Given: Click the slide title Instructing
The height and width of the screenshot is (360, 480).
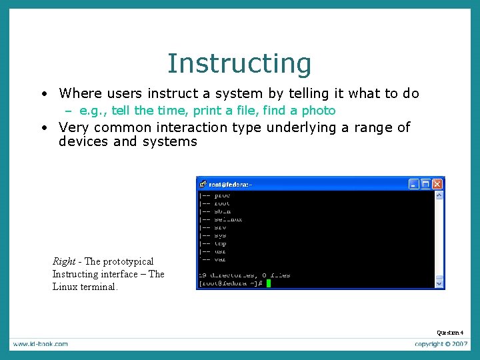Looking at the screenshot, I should tap(239, 63).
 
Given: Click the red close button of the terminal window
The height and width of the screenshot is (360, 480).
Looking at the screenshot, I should tap(437, 184).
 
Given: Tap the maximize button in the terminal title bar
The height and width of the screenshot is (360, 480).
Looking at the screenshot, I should tap(426, 184).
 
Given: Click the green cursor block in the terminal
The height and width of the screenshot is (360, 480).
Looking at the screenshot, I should tap(269, 283).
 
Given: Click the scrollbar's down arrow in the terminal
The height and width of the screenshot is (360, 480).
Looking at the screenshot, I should tap(439, 283).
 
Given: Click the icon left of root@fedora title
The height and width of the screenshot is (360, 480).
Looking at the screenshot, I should tap(203, 184).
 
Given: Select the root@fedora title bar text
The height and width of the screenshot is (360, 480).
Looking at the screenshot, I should tap(231, 184).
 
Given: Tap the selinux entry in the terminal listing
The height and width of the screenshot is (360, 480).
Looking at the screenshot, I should tap(228, 219).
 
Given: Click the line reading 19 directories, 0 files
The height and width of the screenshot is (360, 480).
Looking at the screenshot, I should tap(244, 275).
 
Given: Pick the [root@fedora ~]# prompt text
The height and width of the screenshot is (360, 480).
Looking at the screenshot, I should tap(231, 283).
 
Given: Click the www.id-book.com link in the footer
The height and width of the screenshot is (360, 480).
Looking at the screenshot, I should tap(39, 344).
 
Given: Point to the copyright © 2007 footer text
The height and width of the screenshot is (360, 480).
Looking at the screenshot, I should tap(442, 344).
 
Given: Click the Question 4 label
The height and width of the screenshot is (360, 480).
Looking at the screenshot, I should tap(450, 333).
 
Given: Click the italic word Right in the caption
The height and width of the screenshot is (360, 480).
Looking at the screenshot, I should tap(64, 261).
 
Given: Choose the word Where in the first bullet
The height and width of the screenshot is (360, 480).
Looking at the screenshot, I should tap(78, 93).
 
